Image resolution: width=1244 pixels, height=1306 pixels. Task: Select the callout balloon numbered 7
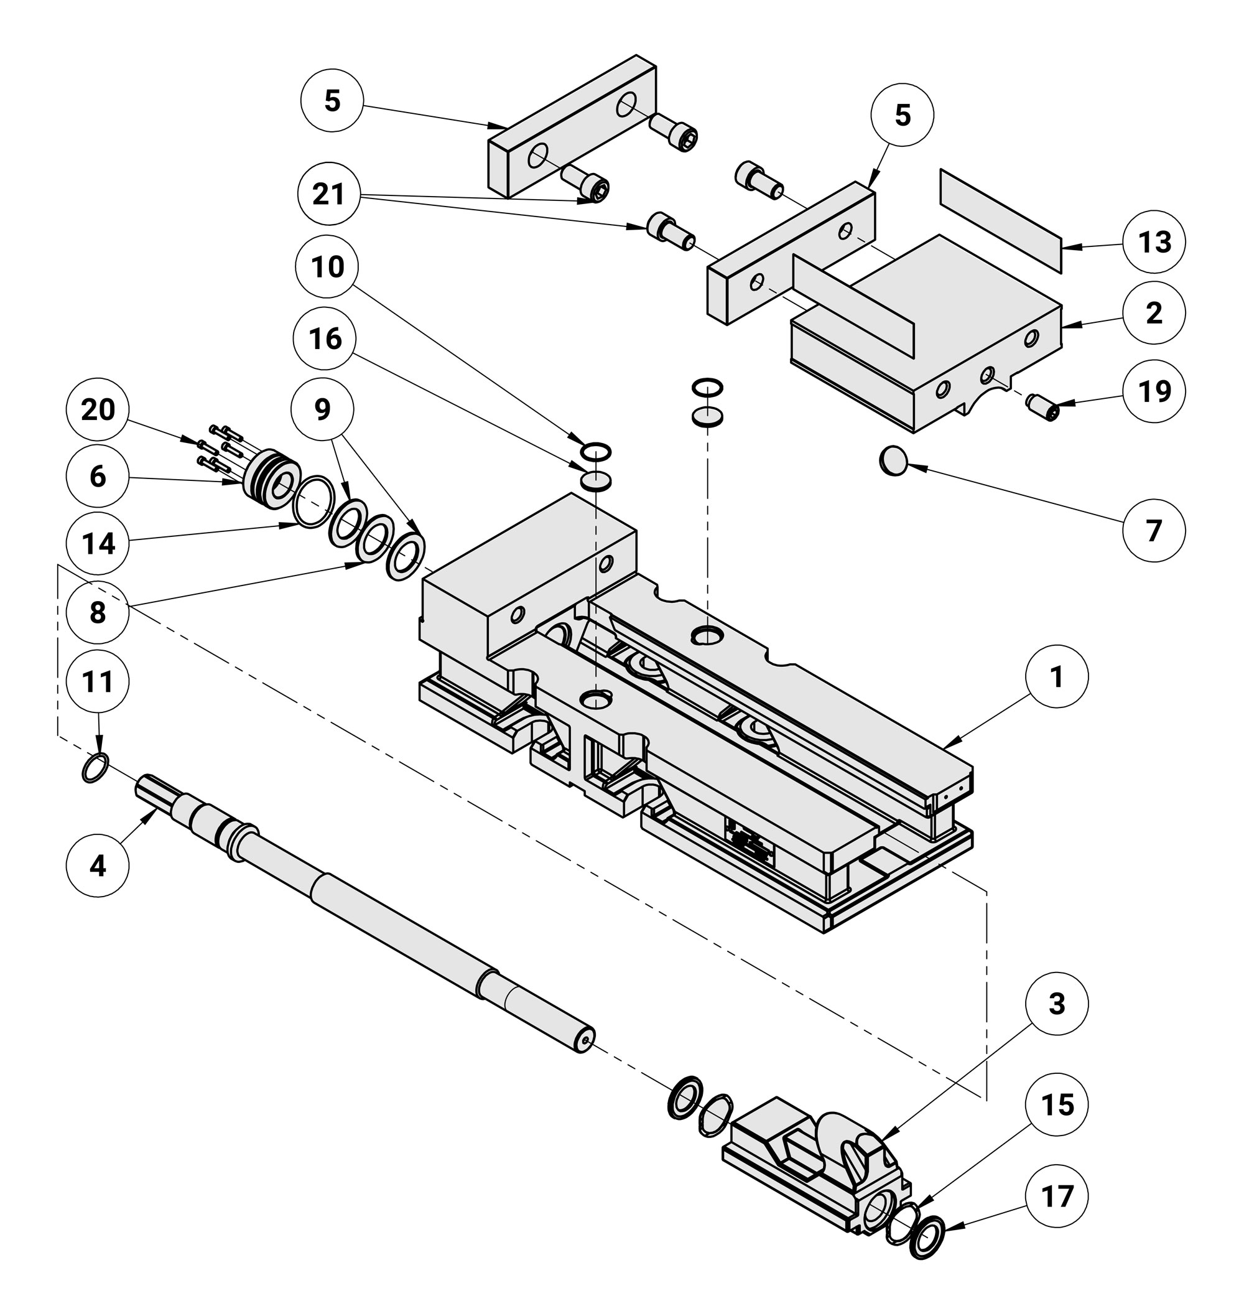pyautogui.click(x=1154, y=531)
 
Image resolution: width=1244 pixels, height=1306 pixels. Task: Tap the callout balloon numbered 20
pyautogui.click(x=98, y=410)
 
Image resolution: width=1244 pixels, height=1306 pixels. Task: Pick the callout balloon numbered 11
pyautogui.click(x=98, y=681)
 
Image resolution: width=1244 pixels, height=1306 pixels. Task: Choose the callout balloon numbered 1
pyautogui.click(x=1056, y=676)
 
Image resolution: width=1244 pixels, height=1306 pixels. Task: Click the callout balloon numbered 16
pyautogui.click(x=325, y=338)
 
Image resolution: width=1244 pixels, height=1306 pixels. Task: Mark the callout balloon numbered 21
pyautogui.click(x=329, y=194)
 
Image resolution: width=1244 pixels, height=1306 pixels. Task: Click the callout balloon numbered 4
pyautogui.click(x=98, y=865)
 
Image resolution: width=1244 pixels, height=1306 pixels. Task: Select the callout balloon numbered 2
pyautogui.click(x=1154, y=313)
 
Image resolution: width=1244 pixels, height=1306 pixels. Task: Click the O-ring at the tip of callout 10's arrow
pyautogui.click(x=595, y=452)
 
